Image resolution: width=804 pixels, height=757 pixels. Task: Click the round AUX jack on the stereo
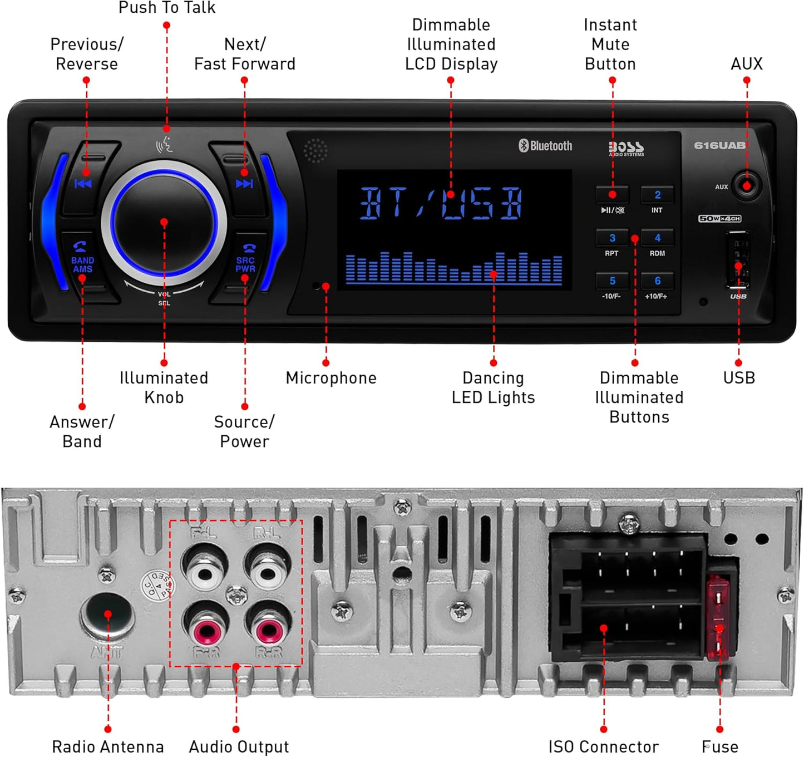746,185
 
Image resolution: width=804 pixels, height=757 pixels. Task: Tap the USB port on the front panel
738,260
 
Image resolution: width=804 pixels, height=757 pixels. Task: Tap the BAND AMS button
82,262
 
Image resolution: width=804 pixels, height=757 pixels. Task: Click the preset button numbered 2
657,195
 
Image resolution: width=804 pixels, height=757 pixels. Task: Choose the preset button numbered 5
612,281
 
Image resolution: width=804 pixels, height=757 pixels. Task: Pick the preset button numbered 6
657,281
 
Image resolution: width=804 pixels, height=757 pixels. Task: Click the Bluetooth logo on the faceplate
545,146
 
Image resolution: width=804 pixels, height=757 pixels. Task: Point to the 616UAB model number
719,145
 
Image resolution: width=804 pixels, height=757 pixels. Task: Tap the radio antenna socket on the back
108,615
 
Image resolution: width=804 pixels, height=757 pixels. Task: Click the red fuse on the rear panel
718,618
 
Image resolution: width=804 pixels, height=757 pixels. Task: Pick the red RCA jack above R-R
268,631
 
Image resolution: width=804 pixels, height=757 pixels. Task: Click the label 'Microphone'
331,378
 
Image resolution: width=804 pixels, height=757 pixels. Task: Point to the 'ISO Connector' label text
603,746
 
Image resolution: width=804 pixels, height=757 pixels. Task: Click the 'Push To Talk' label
167,8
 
